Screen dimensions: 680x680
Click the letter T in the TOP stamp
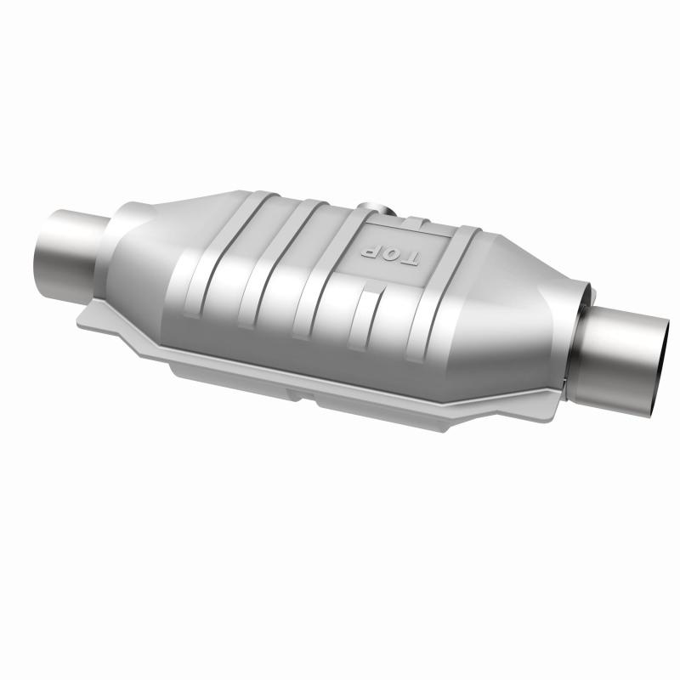pos(408,261)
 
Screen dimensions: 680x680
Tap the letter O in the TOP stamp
pos(389,254)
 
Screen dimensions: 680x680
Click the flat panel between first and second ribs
pos(225,272)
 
